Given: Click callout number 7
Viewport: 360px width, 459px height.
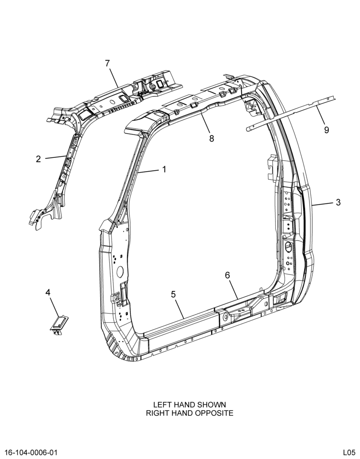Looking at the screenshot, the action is pyautogui.click(x=107, y=63).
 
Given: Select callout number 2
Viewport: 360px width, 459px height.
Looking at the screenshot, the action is pyautogui.click(x=39, y=159).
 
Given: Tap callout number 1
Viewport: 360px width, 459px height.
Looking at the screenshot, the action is pyautogui.click(x=164, y=169).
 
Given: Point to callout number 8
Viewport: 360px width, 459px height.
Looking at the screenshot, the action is pyautogui.click(x=212, y=138).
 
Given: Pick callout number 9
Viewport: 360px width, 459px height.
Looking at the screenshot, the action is pyautogui.click(x=326, y=130).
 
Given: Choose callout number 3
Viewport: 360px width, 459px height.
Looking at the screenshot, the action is pyautogui.click(x=338, y=202).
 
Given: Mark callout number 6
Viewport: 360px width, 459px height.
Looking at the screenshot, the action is pyautogui.click(x=227, y=275).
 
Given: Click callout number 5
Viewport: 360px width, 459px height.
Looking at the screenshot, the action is pyautogui.click(x=174, y=294).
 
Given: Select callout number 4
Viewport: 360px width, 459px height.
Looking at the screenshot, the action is pyautogui.click(x=48, y=292).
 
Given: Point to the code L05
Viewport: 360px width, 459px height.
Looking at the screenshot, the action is pyautogui.click(x=349, y=452).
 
